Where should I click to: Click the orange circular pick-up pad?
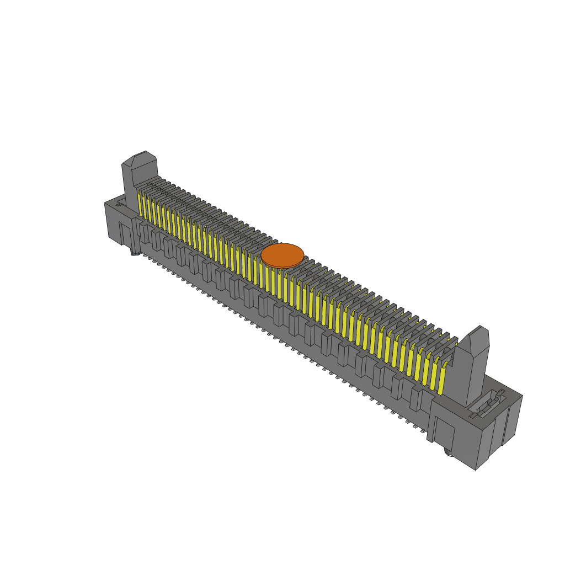click(282, 255)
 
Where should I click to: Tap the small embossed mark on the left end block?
click(119, 204)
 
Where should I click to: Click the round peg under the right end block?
click(449, 452)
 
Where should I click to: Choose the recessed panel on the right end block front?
click(444, 433)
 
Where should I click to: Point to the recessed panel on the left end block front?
click(125, 233)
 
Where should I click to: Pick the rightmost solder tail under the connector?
click(423, 431)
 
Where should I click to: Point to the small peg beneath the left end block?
click(134, 253)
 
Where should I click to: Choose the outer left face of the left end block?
click(113, 223)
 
